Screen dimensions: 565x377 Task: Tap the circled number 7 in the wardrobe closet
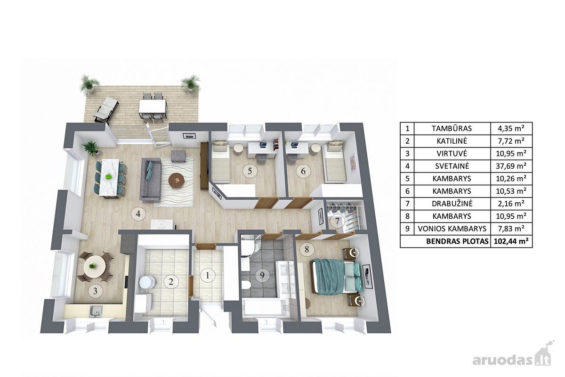coord(337,221)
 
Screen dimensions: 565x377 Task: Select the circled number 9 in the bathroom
coord(262,275)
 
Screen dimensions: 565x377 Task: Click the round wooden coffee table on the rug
coord(177,180)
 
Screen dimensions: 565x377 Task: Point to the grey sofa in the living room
coord(151,179)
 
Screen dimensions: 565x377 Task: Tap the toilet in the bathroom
coord(246,285)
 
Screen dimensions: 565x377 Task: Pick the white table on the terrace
coord(153,107)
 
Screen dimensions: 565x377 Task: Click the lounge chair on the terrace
coord(106,110)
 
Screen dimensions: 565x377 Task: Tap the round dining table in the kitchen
coord(94,267)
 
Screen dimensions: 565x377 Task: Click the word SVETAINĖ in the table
coord(452,166)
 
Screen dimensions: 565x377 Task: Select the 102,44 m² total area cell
coord(511,241)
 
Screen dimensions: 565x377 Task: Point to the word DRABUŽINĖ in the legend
coord(452,204)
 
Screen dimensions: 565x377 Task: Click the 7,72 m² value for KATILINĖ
coord(511,141)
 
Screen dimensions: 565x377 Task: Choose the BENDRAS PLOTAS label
coord(457,241)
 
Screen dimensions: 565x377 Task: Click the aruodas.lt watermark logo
coord(513,357)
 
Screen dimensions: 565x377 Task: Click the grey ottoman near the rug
coord(178,156)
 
